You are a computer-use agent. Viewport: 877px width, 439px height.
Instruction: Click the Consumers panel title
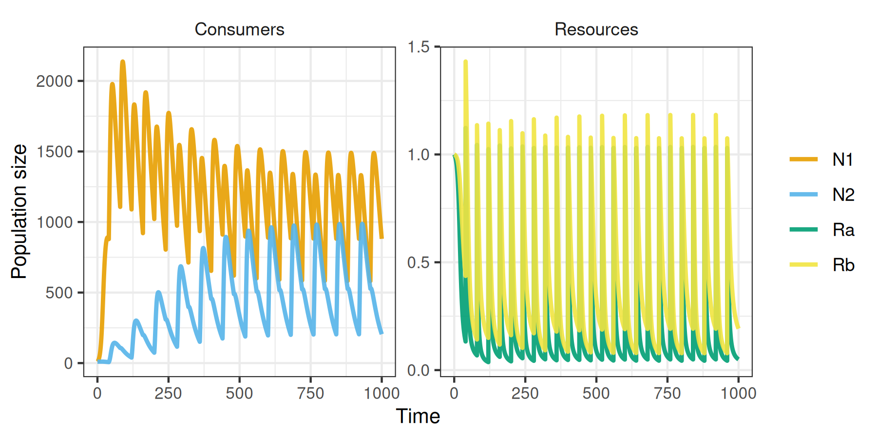239,29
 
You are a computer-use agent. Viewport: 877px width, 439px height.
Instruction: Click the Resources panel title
596,29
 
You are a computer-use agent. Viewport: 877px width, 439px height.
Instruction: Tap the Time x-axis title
418,416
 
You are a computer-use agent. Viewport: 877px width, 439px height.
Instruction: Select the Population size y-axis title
19,211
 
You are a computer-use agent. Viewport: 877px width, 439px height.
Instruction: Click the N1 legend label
842,160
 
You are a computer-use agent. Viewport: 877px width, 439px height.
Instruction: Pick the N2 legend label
843,195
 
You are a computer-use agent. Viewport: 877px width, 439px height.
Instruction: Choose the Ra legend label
843,230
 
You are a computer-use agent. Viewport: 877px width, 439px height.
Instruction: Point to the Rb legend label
843,265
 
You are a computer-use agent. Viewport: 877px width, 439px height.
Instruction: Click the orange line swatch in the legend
803,160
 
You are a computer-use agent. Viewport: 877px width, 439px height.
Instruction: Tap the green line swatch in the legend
803,230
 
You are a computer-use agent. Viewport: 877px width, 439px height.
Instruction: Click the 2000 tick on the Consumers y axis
55,81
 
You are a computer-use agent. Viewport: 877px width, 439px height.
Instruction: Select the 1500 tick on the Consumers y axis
55,152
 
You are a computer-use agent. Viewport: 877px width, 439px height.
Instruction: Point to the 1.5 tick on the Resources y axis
419,47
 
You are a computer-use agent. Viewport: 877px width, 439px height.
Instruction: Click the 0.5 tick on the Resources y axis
419,262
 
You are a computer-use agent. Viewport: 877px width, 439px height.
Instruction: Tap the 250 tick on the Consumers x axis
168,393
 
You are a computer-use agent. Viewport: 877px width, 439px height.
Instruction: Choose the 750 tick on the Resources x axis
667,393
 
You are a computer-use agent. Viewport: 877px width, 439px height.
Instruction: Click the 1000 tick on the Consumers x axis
381,393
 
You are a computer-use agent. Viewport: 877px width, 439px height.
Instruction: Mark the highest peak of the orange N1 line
123,62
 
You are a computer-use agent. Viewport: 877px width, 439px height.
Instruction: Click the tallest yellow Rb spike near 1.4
466,62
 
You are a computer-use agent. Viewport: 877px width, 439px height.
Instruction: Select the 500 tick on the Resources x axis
596,393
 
